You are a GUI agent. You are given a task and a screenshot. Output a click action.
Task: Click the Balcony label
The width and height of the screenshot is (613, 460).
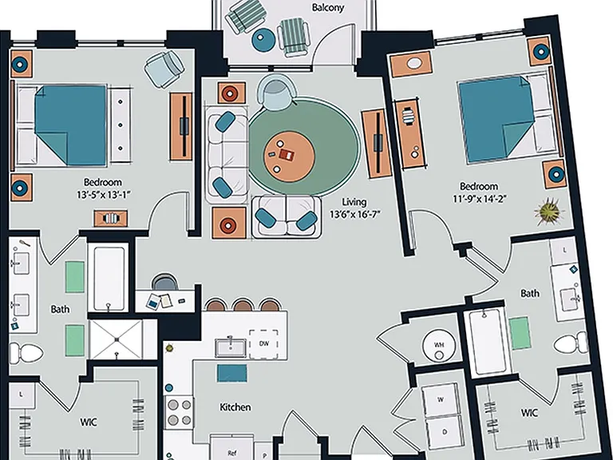(327, 7)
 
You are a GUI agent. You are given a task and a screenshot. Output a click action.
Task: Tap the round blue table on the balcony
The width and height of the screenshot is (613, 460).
(263, 39)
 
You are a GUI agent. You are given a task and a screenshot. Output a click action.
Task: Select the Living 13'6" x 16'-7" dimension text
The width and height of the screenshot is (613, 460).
(354, 208)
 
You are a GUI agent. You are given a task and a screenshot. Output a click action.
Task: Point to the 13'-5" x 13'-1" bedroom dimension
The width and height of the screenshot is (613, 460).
(103, 194)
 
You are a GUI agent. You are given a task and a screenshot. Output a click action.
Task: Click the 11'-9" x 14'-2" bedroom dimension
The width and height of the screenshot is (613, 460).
(479, 199)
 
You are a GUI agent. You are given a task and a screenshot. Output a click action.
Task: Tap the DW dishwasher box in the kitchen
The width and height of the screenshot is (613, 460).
(264, 344)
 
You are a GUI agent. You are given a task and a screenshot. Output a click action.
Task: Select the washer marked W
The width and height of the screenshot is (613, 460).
(441, 399)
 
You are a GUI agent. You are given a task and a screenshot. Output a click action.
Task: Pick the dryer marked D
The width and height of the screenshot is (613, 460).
(444, 433)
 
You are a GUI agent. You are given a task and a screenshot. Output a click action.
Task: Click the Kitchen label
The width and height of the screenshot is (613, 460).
(235, 407)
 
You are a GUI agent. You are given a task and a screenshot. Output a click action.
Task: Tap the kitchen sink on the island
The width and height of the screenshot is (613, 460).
(231, 347)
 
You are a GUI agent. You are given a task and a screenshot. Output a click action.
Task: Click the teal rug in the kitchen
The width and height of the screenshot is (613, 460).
(232, 373)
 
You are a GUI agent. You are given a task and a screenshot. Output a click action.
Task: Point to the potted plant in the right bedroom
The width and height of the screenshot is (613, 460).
(549, 212)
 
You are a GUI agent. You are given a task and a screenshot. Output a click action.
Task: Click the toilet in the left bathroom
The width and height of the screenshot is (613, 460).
(26, 353)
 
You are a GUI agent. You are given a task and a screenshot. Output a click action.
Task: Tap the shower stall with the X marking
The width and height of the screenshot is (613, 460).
(117, 339)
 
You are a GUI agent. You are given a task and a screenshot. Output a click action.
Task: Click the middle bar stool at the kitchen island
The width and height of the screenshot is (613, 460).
(243, 305)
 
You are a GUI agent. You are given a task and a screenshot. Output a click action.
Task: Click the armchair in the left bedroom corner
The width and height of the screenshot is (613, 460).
(164, 69)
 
